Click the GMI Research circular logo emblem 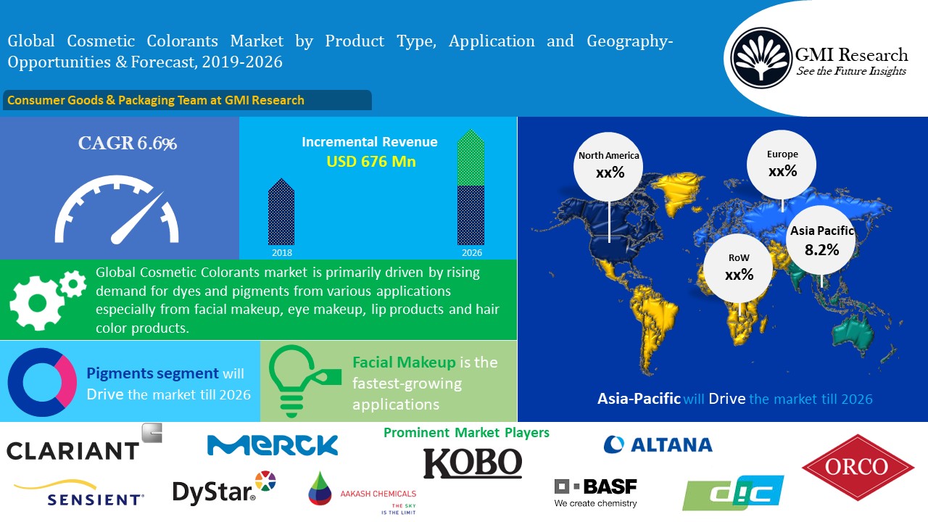point(761,58)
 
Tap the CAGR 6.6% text point(128,144)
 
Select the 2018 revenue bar point(281,212)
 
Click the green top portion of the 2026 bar point(471,157)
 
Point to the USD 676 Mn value point(370,162)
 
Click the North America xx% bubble point(608,167)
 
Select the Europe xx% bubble point(782,165)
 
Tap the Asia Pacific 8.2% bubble point(821,240)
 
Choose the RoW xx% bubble point(738,268)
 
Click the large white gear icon point(36,303)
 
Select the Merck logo point(273,445)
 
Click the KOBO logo point(473,463)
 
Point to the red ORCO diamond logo point(858,467)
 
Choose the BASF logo point(596,493)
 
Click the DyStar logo point(224,488)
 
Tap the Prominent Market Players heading point(466,433)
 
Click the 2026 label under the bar point(472,253)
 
